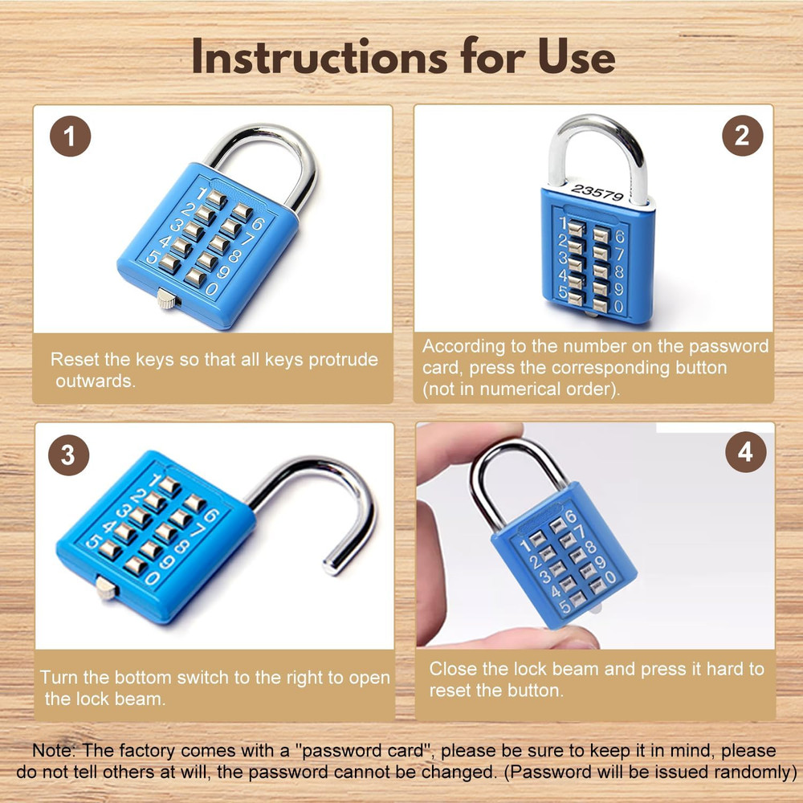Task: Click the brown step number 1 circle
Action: coord(71,137)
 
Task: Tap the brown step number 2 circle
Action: coord(741,136)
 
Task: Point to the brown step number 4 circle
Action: coord(744,453)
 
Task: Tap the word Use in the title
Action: coord(573,58)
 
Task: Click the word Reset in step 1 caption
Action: coord(74,360)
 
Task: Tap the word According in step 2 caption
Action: coord(465,347)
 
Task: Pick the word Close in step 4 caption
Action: coord(453,669)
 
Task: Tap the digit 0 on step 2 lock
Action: coord(618,307)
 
